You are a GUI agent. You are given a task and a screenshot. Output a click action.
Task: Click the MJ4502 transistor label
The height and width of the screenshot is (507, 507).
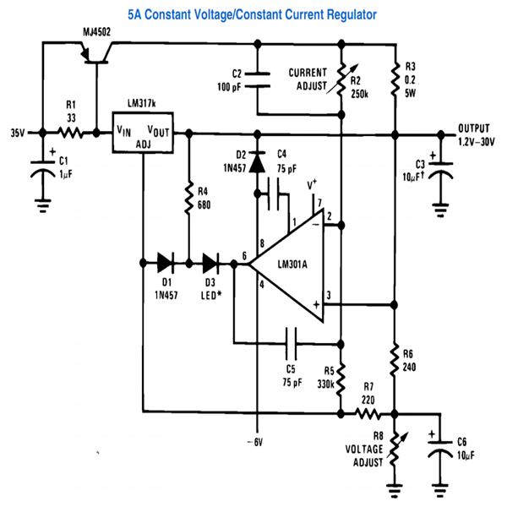pyautogui.click(x=96, y=32)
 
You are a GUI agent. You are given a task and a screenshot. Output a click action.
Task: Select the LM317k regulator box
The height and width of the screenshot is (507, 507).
pyautogui.click(x=143, y=133)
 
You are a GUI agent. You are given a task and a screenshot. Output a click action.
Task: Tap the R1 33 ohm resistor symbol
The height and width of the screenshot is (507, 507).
pyautogui.click(x=70, y=133)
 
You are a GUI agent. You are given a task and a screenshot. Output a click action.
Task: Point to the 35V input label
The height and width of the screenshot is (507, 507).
pyautogui.click(x=18, y=133)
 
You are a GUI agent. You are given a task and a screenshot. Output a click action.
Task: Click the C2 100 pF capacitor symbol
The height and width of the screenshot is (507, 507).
pyautogui.click(x=258, y=80)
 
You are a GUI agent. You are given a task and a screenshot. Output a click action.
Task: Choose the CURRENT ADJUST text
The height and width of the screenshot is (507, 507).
pyautogui.click(x=308, y=79)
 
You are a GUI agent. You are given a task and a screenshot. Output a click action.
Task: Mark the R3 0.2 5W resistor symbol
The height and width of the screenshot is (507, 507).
pyautogui.click(x=395, y=80)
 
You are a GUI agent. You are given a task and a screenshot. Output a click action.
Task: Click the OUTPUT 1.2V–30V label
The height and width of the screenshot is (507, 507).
pyautogui.click(x=476, y=135)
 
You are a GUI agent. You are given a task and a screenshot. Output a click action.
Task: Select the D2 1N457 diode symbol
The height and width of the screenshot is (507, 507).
pyautogui.click(x=258, y=161)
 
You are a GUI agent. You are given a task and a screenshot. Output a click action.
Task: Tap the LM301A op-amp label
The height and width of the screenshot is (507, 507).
pyautogui.click(x=292, y=264)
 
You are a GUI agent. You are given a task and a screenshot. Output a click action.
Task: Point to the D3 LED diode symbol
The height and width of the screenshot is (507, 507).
pyautogui.click(x=210, y=263)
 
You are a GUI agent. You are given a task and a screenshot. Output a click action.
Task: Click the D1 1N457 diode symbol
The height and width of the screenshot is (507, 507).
pyautogui.click(x=166, y=263)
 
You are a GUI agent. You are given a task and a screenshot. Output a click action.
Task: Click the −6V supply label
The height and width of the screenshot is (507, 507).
pyautogui.click(x=255, y=442)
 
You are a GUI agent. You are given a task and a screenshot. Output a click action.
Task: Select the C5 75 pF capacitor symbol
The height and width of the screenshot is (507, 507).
pyautogui.click(x=291, y=343)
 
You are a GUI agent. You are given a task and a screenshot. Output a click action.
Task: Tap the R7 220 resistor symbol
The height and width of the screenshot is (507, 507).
pyautogui.click(x=368, y=413)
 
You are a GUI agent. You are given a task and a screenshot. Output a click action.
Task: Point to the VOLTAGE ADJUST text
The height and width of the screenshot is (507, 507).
pyautogui.click(x=364, y=456)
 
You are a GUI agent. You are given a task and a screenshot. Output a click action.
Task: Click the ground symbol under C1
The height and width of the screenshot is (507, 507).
pyautogui.click(x=43, y=205)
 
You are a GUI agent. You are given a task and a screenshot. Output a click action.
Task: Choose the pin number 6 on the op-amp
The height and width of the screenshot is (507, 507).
pyautogui.click(x=244, y=256)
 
